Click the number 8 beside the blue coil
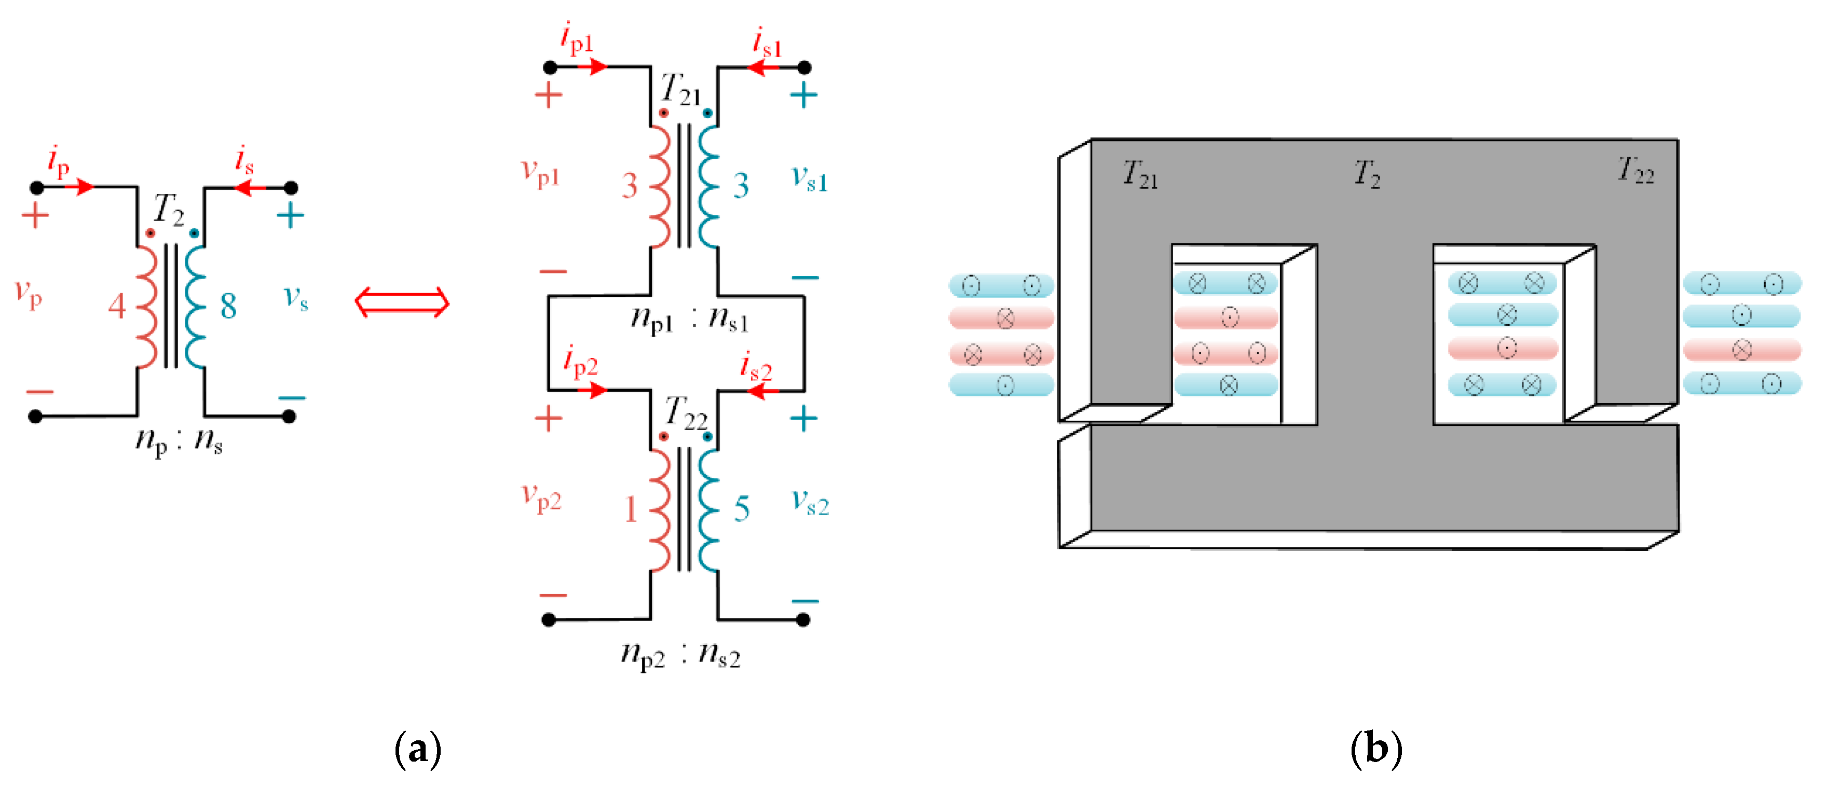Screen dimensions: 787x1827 pos(228,306)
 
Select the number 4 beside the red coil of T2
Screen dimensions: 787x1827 pos(117,306)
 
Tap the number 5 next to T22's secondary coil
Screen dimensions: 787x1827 pos(742,509)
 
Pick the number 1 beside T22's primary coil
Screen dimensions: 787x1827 pos(631,509)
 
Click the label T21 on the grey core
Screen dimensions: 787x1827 pos(1140,174)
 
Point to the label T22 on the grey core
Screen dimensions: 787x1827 pos(1635,171)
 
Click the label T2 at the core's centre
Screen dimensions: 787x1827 pos(1367,174)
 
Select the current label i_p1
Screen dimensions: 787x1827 pos(576,38)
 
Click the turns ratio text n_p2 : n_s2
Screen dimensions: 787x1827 pos(680,654)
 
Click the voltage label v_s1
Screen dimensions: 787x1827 pos(809,178)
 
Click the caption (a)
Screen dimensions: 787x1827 pos(418,749)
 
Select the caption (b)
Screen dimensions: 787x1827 pos(1376,749)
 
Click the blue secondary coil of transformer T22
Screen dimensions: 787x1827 pos(708,509)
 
